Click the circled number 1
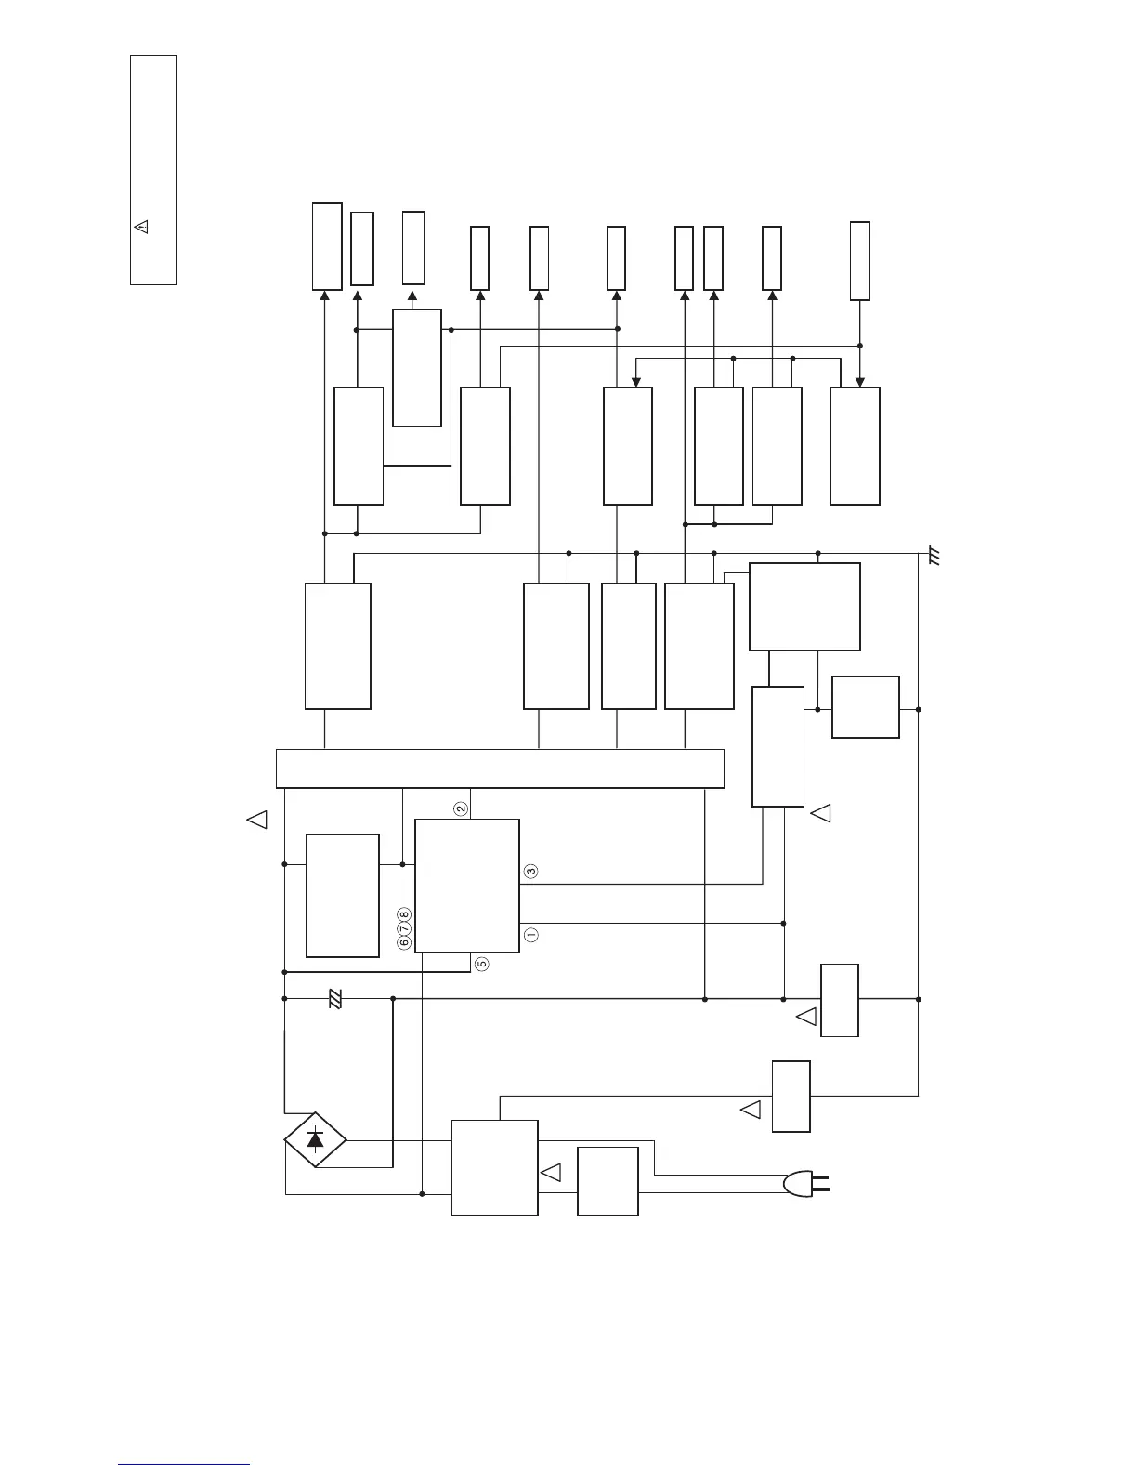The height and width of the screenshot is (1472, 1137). click(530, 935)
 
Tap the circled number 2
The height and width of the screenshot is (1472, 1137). click(461, 808)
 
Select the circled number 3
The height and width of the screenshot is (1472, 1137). click(530, 872)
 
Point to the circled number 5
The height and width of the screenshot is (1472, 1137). click(482, 964)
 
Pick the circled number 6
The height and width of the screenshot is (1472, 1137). click(404, 941)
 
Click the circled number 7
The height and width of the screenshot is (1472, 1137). click(404, 928)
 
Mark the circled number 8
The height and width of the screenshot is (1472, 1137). click(404, 915)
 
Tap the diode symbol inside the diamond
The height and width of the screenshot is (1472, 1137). click(316, 1137)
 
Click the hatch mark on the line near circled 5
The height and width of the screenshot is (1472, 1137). click(336, 999)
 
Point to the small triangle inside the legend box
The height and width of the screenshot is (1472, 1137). click(142, 226)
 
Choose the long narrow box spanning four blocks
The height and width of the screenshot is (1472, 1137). click(500, 768)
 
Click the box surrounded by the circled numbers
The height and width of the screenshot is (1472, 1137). click(466, 886)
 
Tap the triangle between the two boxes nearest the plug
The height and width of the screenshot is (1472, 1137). click(551, 1172)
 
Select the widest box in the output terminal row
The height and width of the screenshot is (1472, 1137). click(327, 245)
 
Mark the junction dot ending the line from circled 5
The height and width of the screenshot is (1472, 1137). click(283, 972)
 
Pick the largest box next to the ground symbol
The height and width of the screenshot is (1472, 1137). click(804, 606)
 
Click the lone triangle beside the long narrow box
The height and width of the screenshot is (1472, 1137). click(257, 819)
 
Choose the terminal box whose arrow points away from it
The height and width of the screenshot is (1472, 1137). click(860, 261)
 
